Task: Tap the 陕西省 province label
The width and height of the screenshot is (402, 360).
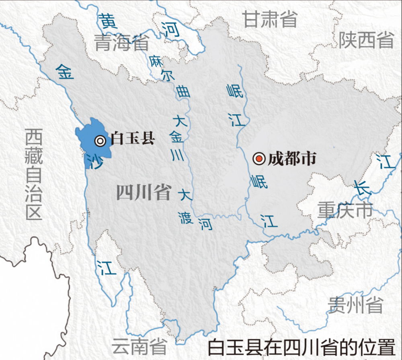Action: click(x=366, y=40)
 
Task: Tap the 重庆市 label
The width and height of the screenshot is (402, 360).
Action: click(x=345, y=210)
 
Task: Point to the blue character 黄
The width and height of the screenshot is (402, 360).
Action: click(x=108, y=21)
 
